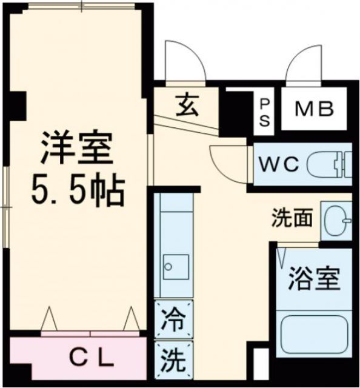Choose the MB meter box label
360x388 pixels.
tap(314, 110)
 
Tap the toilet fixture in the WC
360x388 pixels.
tap(330, 164)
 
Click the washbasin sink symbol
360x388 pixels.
tap(337, 219)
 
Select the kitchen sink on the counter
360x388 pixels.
tap(176, 266)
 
